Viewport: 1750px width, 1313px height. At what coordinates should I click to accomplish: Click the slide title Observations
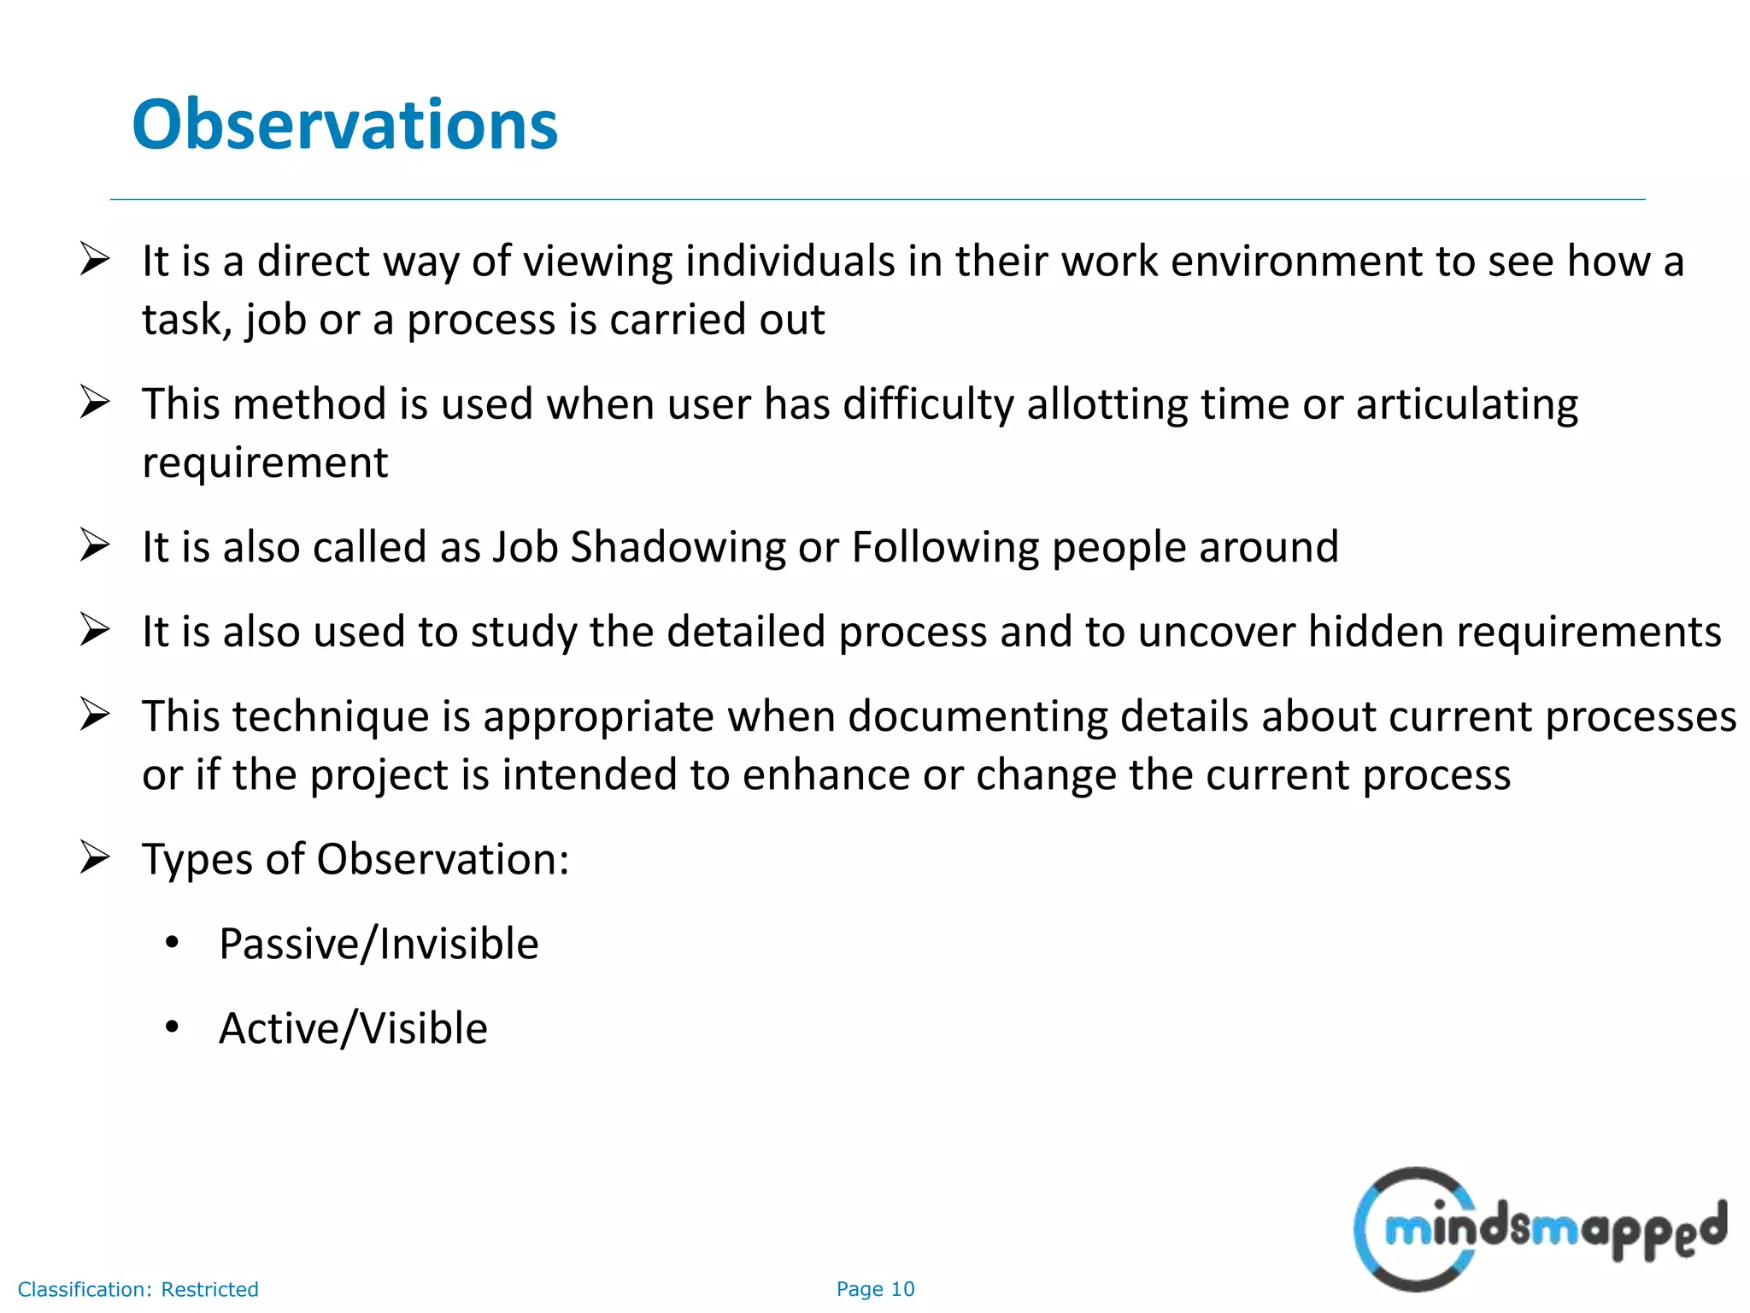pos(344,125)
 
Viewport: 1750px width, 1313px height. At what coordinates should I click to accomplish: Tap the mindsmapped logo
pos(1539,1229)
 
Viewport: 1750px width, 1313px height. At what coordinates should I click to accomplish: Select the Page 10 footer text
pos(875,1289)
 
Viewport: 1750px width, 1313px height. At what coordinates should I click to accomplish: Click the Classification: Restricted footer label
pos(138,1289)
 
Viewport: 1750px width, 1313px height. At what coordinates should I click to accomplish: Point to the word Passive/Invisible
pos(379,944)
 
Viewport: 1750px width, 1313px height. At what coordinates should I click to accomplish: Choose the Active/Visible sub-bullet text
pos(353,1027)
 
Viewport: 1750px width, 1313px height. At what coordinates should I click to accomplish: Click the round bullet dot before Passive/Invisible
pos(172,943)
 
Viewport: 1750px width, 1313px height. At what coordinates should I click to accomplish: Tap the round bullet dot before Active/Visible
pos(172,1027)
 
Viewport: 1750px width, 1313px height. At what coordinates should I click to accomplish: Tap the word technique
pos(331,716)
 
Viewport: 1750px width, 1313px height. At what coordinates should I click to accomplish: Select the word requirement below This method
pos(265,462)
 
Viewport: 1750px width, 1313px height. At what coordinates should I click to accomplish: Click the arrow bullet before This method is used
pos(94,402)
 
